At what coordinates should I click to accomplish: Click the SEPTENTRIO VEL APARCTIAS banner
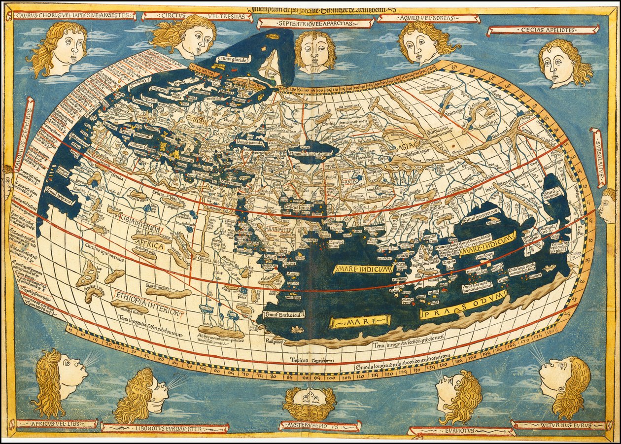point(315,23)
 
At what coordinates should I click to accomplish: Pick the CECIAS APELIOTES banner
point(543,30)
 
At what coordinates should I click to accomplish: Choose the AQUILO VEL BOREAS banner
point(429,19)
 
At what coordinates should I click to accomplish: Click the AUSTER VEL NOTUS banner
point(320,425)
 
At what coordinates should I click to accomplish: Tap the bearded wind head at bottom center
point(310,402)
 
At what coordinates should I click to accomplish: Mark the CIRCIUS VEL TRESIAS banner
point(197,17)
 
